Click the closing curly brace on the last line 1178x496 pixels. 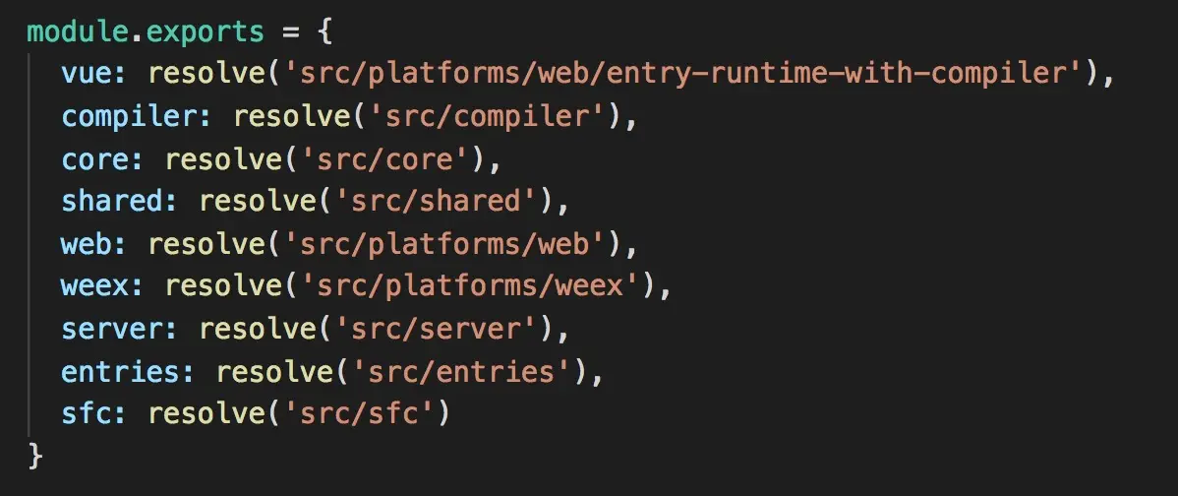36,456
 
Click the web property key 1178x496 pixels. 87,243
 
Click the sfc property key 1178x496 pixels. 87,413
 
